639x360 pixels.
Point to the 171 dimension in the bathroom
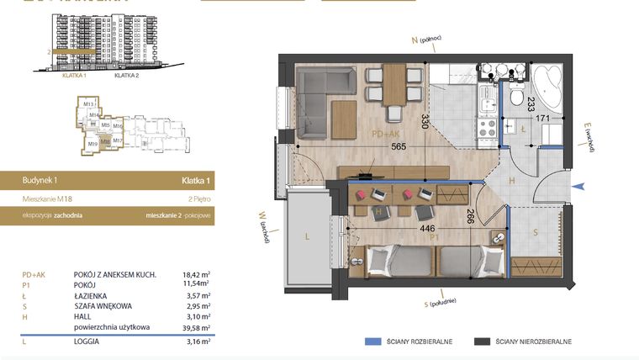pyautogui.click(x=544, y=119)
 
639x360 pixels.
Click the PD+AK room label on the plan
pyautogui.click(x=387, y=133)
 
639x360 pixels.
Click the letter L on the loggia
pyautogui.click(x=307, y=237)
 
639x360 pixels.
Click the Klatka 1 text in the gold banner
pyautogui.click(x=195, y=180)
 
